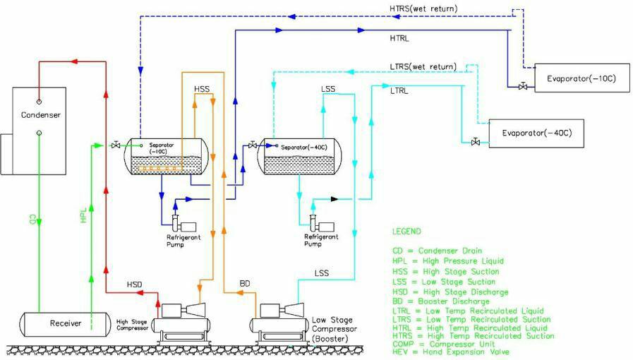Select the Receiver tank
coord(65,324)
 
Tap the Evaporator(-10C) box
coord(581,78)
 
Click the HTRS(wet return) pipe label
coord(423,8)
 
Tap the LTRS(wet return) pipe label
coord(422,66)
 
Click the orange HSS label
coord(202,90)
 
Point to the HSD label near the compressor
coord(135,284)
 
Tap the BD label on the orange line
coord(245,284)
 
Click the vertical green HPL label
coord(83,217)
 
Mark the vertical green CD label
coord(32,218)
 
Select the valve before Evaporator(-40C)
coord(476,143)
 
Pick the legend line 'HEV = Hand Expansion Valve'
coord(450,352)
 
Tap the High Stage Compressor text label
coord(134,325)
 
